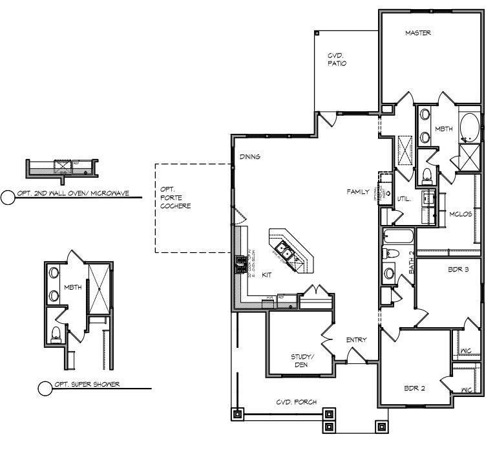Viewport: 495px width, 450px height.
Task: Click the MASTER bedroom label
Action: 417,33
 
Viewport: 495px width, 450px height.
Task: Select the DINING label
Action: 250,156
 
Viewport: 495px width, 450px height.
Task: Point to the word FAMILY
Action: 357,192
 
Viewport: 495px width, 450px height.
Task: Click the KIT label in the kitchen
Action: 267,275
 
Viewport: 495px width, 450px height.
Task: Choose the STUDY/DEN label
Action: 301,360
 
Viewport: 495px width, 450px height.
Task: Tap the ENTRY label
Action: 357,340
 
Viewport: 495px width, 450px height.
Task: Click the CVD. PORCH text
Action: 297,402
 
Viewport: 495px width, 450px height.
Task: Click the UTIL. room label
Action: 405,198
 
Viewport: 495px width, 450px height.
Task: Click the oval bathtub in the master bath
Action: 469,127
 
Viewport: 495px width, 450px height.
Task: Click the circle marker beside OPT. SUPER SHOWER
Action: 45,388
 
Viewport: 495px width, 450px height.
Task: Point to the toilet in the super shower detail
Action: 56,333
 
